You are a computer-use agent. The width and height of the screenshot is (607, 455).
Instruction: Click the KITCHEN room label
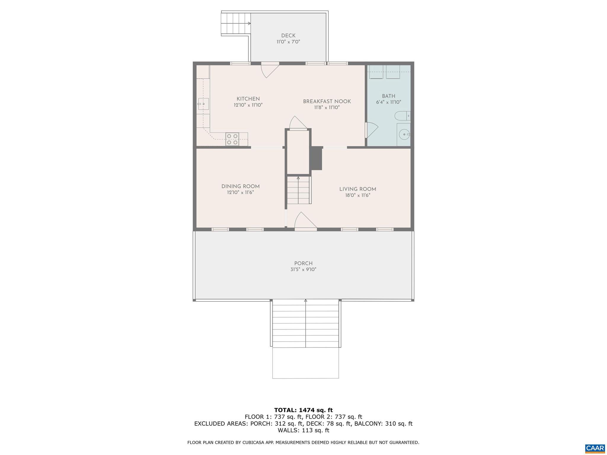248,99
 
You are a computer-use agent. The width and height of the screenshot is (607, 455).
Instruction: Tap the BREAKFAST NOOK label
327,102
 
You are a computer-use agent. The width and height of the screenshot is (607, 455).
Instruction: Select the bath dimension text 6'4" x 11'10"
388,102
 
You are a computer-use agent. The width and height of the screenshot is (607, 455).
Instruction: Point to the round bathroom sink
404,135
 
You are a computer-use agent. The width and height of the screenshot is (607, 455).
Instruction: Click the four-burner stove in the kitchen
232,139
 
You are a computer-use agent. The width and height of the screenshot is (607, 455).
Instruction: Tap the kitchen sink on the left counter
204,104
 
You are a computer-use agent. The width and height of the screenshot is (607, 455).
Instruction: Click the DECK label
288,36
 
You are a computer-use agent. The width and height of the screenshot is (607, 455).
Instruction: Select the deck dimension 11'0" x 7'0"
288,42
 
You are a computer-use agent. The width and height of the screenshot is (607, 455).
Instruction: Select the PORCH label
303,263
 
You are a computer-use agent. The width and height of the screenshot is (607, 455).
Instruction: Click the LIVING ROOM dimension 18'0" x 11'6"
357,196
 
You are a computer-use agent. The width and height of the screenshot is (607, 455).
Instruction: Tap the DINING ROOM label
240,186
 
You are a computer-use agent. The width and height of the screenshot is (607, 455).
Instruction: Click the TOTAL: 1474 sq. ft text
303,410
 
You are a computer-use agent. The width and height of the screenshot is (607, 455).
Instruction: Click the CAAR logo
595,448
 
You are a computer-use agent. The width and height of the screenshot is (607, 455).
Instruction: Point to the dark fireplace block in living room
316,158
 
